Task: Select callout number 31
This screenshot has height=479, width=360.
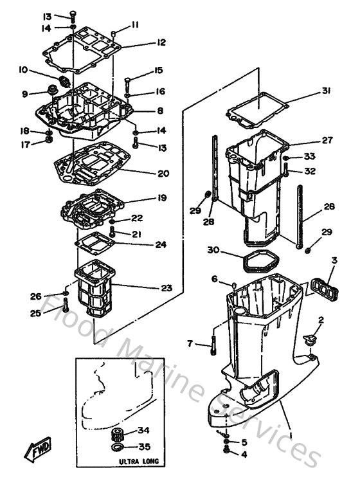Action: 326,91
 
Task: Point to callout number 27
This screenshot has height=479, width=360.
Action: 327,140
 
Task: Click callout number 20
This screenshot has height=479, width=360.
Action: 163,174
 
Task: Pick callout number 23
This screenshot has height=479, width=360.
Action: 166,288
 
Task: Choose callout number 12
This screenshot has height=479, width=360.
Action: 160,42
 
